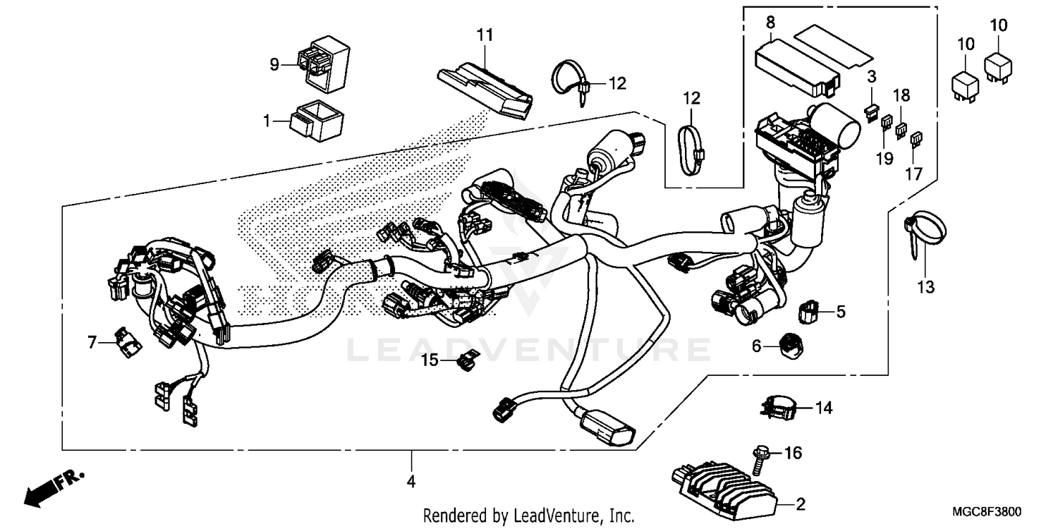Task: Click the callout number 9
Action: [274, 65]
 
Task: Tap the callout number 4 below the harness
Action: [411, 482]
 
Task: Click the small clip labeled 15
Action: [466, 362]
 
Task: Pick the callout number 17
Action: [913, 174]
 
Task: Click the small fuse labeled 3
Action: [871, 109]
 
